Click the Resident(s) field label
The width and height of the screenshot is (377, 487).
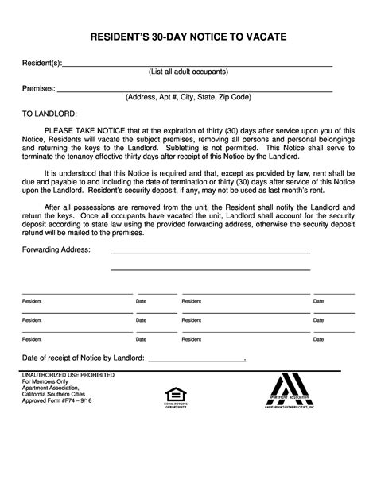42,63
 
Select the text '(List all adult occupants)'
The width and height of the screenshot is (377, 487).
188,72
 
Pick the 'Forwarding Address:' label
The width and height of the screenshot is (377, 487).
56,249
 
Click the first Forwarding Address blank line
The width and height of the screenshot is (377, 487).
210,252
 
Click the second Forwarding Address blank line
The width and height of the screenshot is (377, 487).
210,269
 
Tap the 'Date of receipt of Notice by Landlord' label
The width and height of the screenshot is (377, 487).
83,358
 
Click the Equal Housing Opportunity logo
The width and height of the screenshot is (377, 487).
173,395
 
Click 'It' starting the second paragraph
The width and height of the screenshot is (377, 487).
47,172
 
